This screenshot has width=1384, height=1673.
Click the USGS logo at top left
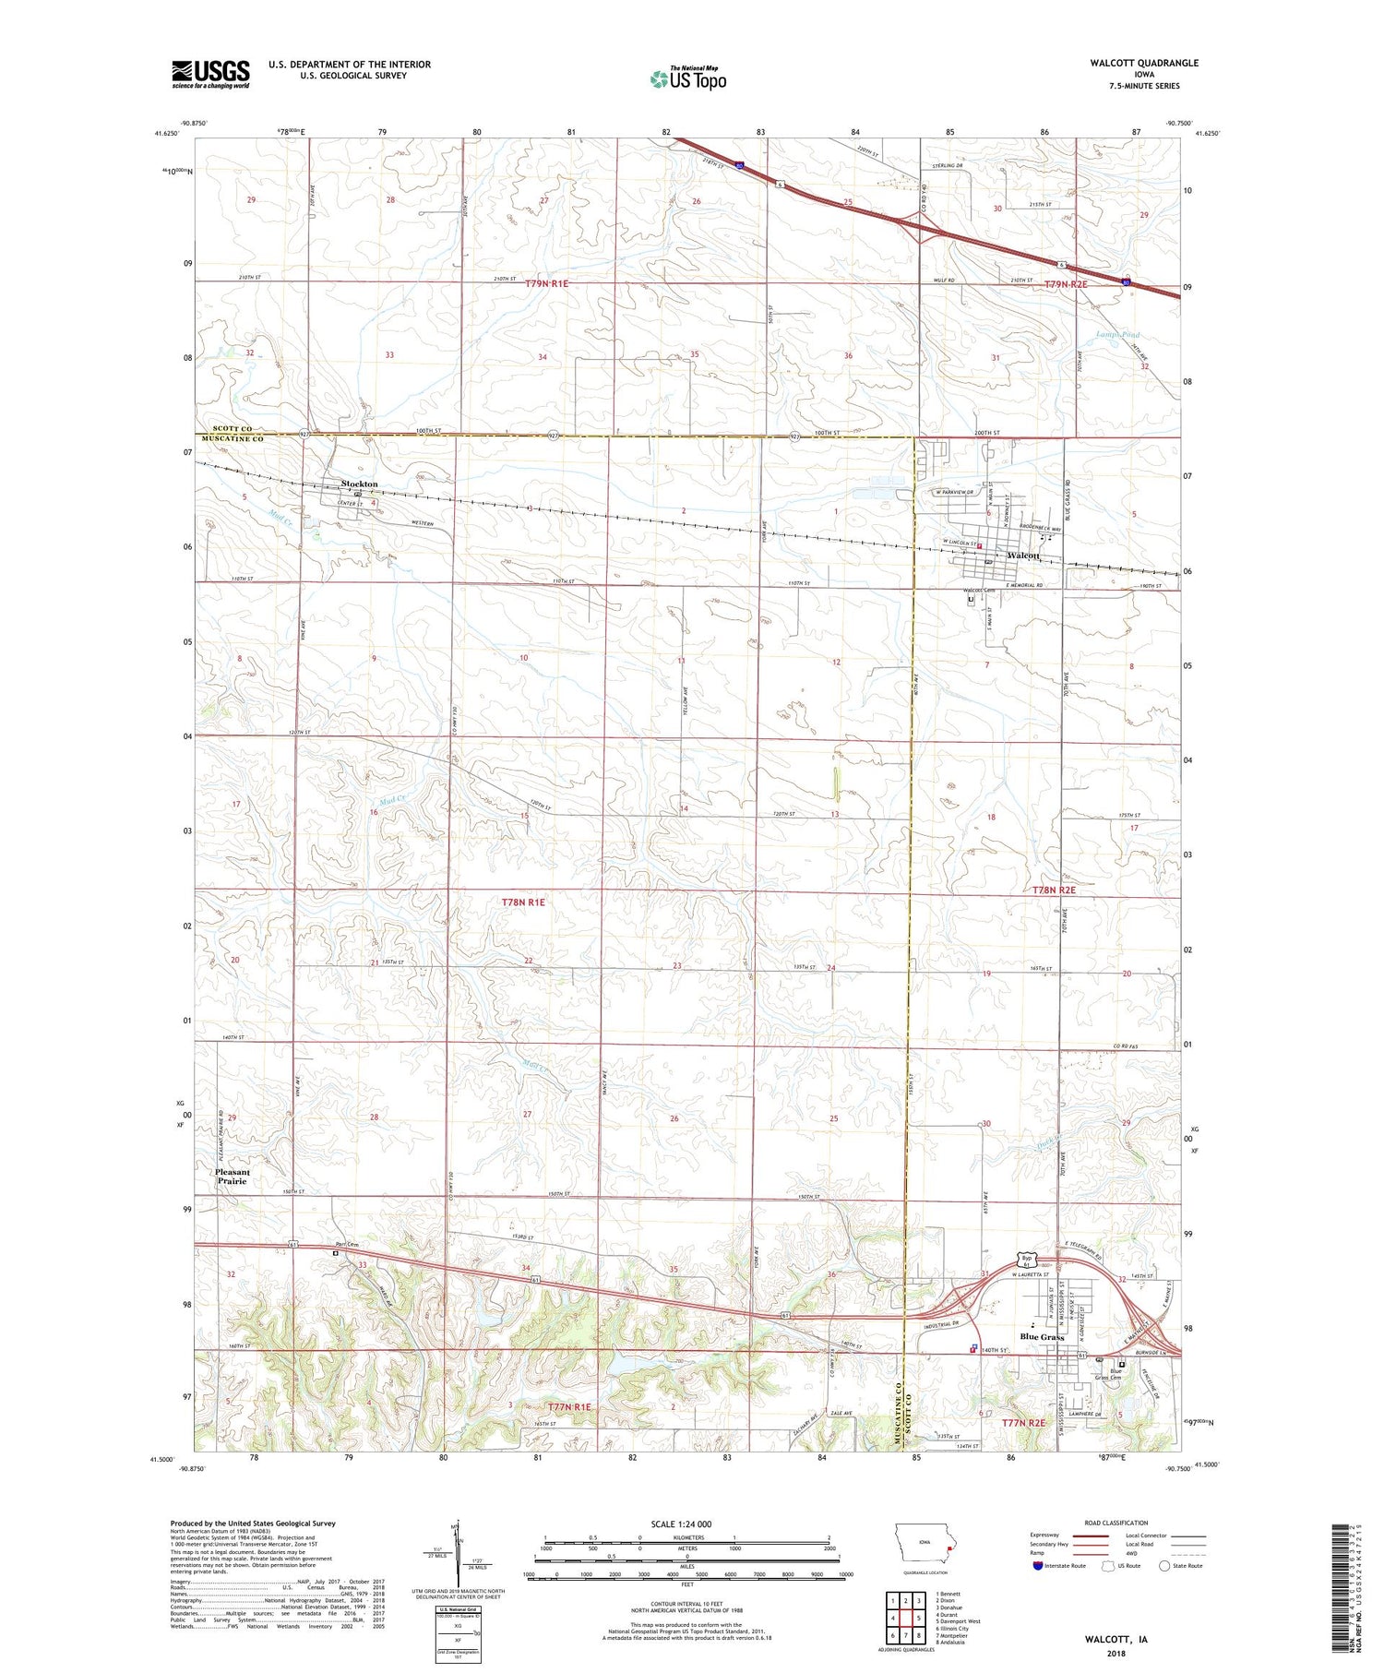tap(210, 74)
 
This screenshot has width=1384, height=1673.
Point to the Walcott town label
tap(1023, 556)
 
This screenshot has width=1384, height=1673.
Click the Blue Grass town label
tap(1041, 1336)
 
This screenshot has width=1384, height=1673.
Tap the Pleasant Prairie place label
tap(233, 1177)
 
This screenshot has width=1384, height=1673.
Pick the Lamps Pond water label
tap(1117, 335)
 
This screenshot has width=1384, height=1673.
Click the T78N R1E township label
tap(523, 902)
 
